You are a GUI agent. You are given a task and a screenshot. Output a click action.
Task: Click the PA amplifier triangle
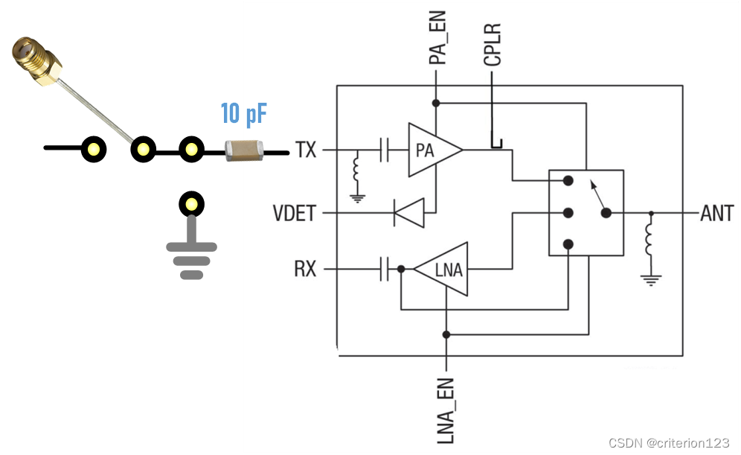click(x=431, y=150)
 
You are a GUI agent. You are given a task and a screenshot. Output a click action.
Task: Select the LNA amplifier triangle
click(x=445, y=270)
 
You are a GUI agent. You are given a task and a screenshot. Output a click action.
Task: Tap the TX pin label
click(x=306, y=150)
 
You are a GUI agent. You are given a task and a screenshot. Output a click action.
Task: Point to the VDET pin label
click(x=295, y=214)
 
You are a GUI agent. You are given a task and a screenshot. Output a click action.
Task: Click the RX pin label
click(x=305, y=269)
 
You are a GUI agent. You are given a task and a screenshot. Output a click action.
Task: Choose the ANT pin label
click(x=717, y=214)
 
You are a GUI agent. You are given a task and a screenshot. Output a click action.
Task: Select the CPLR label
click(x=493, y=45)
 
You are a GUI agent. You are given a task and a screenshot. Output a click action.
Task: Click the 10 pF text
click(x=243, y=115)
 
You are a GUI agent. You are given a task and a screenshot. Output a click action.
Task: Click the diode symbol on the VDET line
click(x=408, y=214)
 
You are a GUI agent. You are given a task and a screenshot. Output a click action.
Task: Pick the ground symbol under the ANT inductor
click(x=651, y=281)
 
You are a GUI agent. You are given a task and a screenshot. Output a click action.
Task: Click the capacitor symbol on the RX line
click(x=385, y=269)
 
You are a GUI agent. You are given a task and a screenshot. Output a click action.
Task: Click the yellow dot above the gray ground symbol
click(x=192, y=204)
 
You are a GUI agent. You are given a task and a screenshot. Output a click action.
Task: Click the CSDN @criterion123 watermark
click(x=669, y=443)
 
